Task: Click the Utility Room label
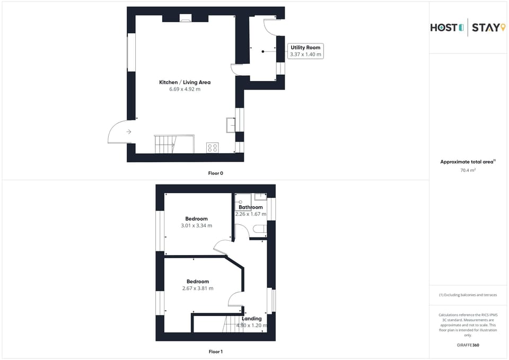305,48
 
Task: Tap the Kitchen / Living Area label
185,82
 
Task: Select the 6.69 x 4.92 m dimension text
185,89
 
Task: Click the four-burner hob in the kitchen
212,148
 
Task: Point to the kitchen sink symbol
231,124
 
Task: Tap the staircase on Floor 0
165,144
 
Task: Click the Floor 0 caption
215,173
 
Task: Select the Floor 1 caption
215,352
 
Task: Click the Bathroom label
250,207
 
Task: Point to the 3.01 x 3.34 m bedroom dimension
196,225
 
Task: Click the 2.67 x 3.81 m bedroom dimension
197,288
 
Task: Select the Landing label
252,319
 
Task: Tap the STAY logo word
485,28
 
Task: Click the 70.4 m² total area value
468,170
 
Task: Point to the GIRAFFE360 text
468,345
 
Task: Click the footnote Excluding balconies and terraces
468,295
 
